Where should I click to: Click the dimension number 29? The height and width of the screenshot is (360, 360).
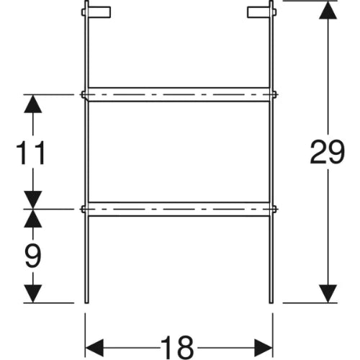point(328,152)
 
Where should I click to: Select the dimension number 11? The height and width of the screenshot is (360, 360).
point(31,153)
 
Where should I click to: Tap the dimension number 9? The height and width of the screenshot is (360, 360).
point(33,256)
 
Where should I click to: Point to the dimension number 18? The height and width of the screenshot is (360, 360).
point(177,348)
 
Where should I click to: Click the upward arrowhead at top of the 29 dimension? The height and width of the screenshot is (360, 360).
point(328,10)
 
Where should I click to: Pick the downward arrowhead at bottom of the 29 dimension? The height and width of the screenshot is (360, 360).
point(328,294)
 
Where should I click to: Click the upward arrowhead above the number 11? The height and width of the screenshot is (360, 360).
point(33,104)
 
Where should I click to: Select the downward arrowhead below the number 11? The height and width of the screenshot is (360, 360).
point(33,200)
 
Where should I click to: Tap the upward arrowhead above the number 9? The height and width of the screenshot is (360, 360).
point(33,218)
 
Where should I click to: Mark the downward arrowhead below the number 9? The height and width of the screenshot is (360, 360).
point(33,294)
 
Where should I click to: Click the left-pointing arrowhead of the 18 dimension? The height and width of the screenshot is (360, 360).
point(94,348)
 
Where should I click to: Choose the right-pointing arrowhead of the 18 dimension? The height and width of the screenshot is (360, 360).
point(264,348)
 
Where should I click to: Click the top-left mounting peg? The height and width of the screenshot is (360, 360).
point(96,12)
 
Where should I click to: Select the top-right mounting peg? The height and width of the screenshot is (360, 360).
point(261,12)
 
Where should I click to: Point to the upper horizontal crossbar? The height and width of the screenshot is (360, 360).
point(179,94)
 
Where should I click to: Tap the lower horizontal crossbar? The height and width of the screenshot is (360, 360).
point(179,209)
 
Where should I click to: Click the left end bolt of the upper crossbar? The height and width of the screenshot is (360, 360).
point(84,94)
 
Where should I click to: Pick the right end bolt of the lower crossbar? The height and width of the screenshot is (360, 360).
point(274,209)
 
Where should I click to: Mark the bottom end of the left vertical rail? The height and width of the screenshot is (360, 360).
point(86,303)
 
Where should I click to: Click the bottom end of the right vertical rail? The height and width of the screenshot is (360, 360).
point(271,303)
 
